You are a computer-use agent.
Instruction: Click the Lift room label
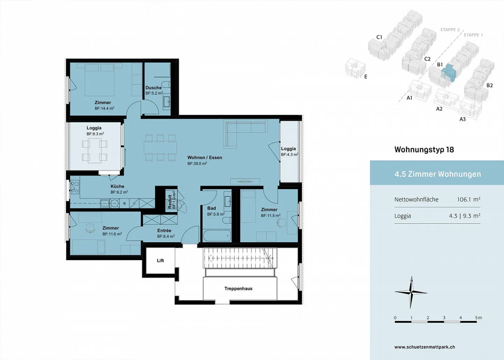click(160, 261)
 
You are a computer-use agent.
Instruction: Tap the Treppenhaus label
click(238, 289)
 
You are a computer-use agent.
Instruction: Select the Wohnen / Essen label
click(205, 157)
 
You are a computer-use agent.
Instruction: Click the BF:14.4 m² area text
click(104, 108)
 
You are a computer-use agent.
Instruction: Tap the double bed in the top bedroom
click(99, 79)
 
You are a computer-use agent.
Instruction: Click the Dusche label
click(154, 88)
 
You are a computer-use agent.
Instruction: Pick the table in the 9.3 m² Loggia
click(94, 150)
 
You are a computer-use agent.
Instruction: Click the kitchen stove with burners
click(75, 187)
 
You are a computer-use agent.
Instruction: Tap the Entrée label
click(164, 231)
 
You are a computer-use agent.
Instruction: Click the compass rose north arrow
click(411, 292)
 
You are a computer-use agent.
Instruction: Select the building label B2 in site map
click(489, 85)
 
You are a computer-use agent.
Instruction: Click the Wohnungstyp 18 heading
click(424, 150)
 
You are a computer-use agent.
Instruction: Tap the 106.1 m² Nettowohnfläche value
click(468, 199)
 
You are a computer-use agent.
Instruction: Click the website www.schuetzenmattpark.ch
click(425, 347)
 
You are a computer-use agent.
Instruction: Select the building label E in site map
click(366, 77)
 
